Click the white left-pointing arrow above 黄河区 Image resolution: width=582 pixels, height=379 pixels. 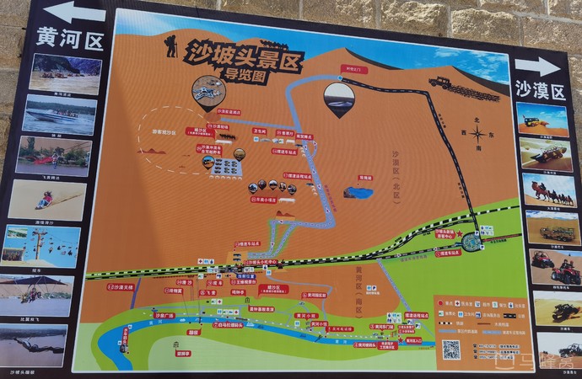pyautogui.click(x=73, y=12)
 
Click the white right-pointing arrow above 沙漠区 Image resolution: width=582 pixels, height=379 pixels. pyautogui.click(x=536, y=66)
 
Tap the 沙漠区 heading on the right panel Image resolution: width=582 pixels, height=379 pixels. pyautogui.click(x=540, y=91)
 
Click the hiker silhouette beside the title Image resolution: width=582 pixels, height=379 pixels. pyautogui.click(x=171, y=46)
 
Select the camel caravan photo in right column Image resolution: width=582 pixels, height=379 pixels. pyautogui.click(x=550, y=190)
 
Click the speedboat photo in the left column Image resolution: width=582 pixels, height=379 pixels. pyautogui.click(x=59, y=114)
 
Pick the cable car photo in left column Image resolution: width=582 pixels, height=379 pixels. pyautogui.click(x=40, y=245)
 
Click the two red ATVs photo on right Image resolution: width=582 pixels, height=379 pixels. pyautogui.click(x=555, y=268)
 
